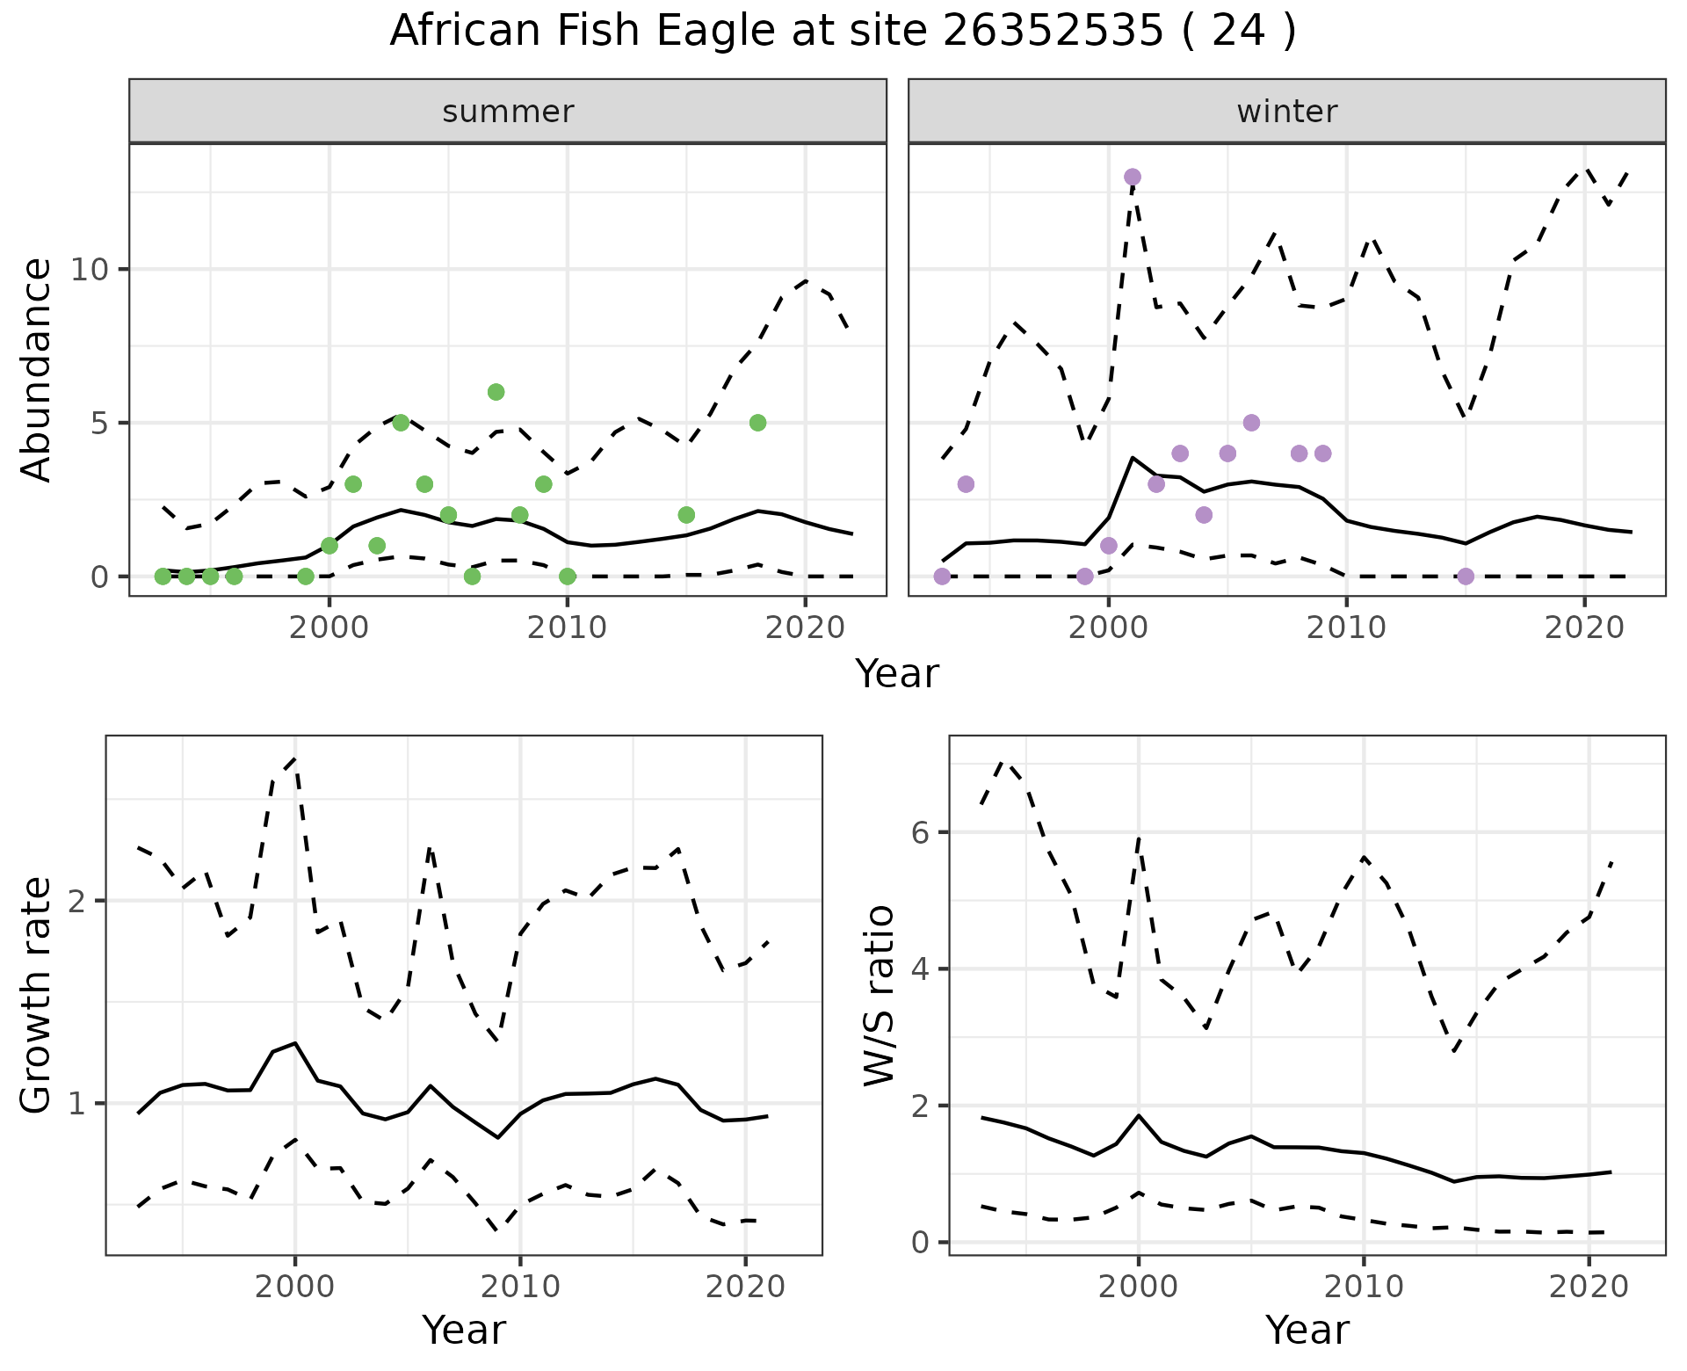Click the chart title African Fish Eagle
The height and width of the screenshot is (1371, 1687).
point(843,32)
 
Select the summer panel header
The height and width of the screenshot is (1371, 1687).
point(508,112)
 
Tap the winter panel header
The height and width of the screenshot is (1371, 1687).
point(1286,112)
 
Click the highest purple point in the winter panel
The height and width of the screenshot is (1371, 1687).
point(1133,177)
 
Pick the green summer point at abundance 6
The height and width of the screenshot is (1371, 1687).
point(496,392)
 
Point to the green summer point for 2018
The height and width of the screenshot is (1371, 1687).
point(757,423)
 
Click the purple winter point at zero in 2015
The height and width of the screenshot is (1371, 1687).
point(1465,577)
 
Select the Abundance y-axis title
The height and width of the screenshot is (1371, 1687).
point(37,369)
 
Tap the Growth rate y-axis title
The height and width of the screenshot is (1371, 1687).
point(37,996)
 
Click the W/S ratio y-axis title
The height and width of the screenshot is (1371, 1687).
point(879,996)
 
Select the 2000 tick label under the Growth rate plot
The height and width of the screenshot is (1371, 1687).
point(294,1288)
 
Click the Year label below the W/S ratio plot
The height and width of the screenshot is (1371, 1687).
point(1307,1331)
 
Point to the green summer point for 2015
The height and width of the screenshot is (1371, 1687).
point(686,515)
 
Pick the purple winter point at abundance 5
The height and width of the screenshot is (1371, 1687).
point(1251,423)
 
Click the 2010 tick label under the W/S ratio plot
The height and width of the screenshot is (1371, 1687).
point(1363,1288)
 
